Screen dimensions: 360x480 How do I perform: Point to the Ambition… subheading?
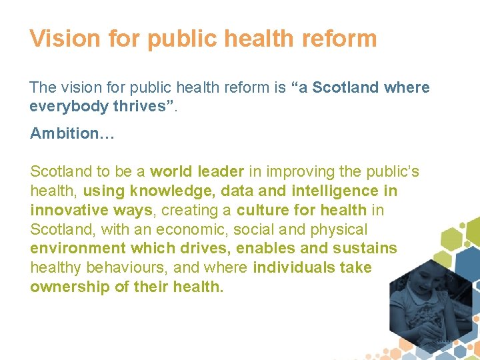(72, 133)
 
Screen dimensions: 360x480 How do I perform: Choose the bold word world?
(171, 172)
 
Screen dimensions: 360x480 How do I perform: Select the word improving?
(290, 172)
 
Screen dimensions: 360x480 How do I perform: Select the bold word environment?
(73, 249)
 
